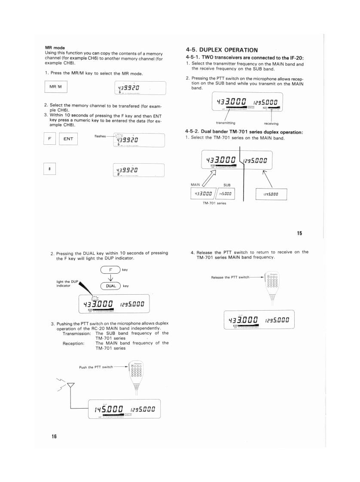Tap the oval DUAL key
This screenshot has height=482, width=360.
coord(112,286)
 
